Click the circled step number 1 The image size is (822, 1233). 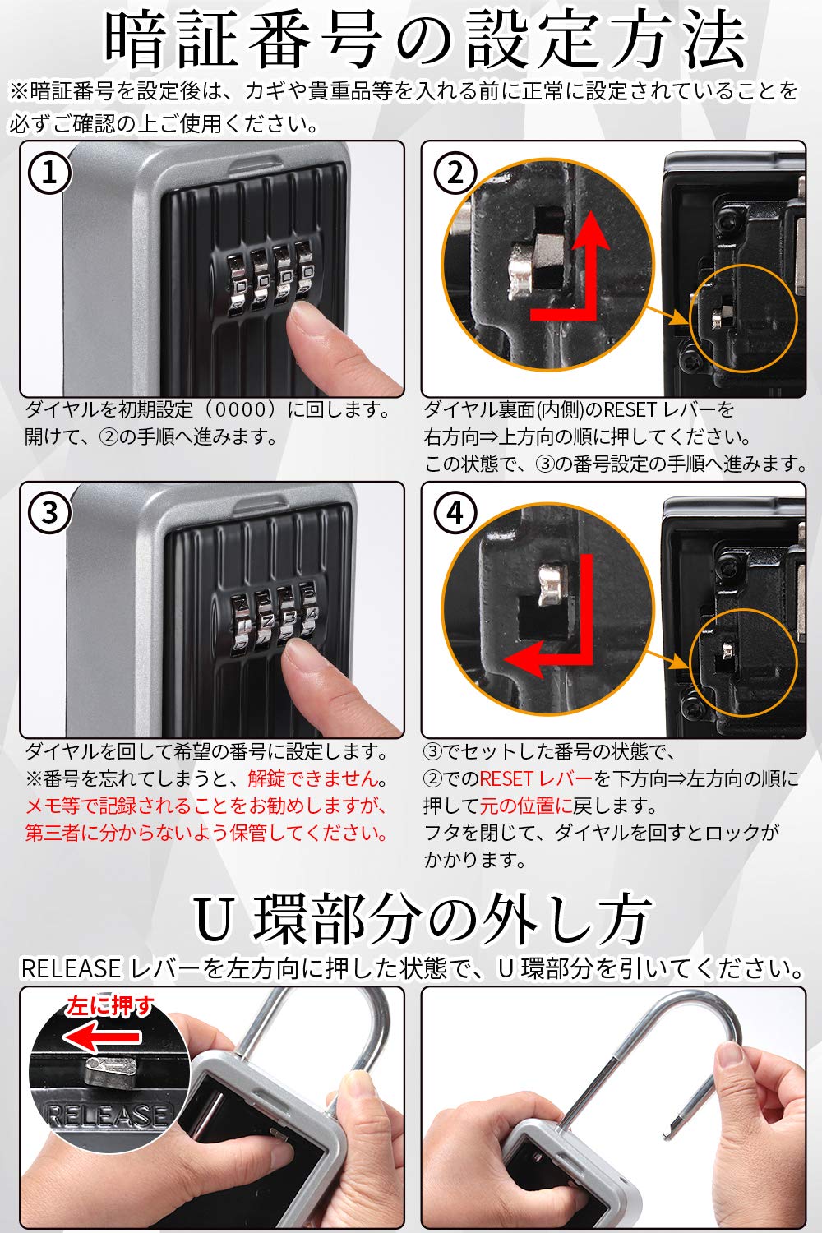tap(50, 173)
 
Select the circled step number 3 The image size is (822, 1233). tap(50, 513)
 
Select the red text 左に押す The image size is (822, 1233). tap(110, 1005)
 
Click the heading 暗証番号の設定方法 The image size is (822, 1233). tap(423, 41)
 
